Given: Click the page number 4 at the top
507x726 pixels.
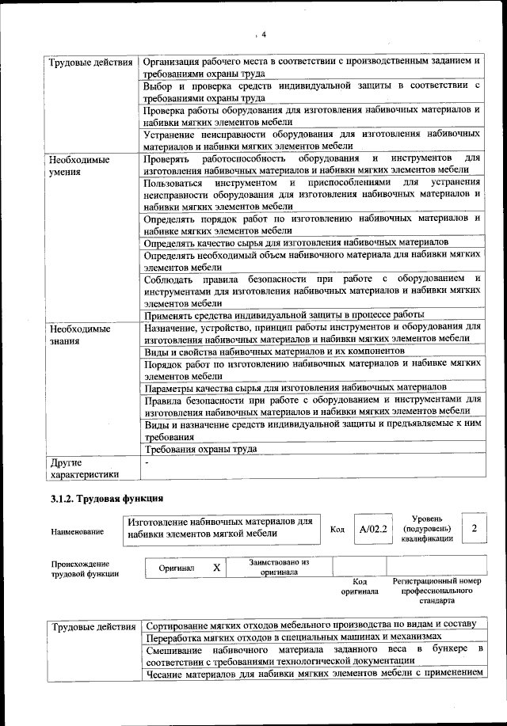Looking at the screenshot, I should pos(264,33).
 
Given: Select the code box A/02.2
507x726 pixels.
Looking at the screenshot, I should pos(372,529).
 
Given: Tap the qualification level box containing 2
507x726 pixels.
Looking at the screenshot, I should pos(474,528).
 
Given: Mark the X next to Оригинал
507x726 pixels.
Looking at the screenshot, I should pos(216,568).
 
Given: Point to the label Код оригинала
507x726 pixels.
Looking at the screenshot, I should pos(360,586).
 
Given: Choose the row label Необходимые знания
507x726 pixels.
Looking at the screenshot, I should pos(78,333).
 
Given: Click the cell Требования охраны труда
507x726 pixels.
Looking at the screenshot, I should pos(200,449).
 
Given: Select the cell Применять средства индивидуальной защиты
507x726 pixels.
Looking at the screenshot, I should pos(284,314).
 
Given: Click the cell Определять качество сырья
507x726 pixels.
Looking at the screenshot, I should pos(297,241).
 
